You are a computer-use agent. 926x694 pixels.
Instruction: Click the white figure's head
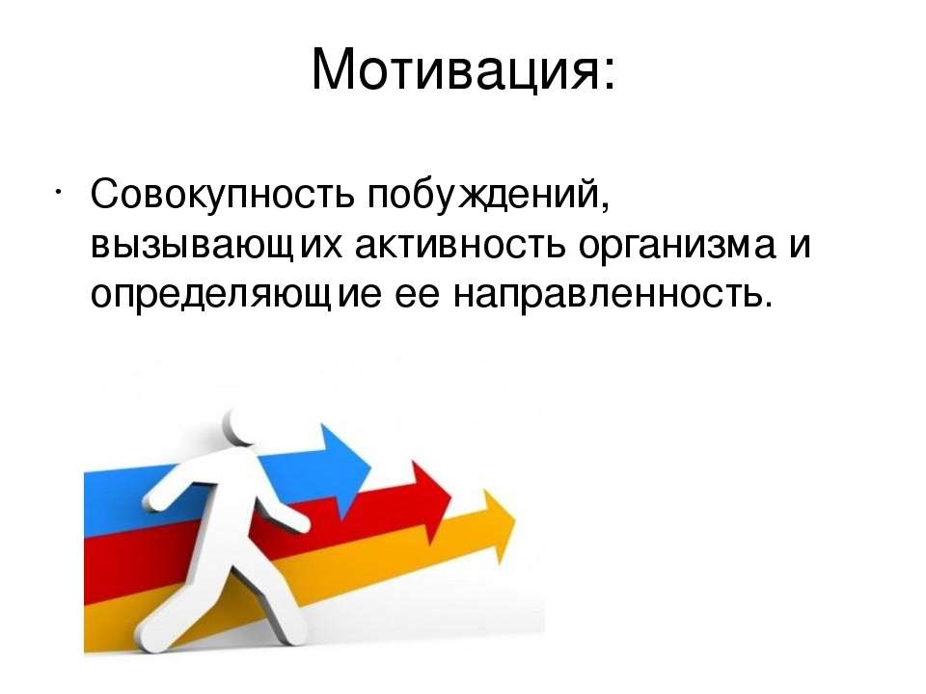click(244, 425)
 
